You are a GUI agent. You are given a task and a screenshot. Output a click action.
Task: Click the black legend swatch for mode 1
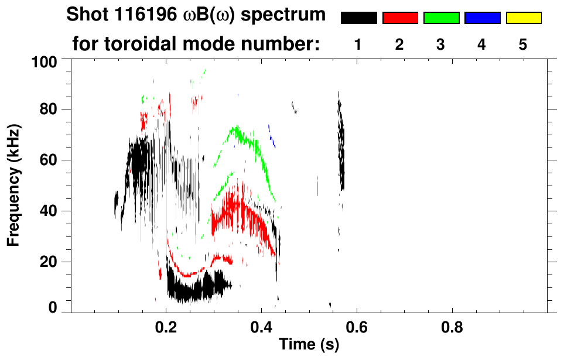pyautogui.click(x=358, y=18)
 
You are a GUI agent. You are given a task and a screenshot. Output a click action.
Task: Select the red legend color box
pyautogui.click(x=400, y=18)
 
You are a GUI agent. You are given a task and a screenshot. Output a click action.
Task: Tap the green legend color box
pyautogui.click(x=441, y=18)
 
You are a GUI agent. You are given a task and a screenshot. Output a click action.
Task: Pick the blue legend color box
pyautogui.click(x=482, y=18)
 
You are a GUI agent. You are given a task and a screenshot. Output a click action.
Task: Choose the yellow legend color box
pyautogui.click(x=524, y=18)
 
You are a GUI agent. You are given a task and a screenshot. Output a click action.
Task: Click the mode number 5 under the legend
pyautogui.click(x=523, y=45)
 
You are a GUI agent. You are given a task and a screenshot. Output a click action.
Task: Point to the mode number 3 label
pyautogui.click(x=441, y=45)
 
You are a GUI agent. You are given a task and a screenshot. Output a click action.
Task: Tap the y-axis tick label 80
pyautogui.click(x=50, y=109)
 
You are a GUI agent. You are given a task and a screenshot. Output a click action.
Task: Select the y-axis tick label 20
pyautogui.click(x=50, y=262)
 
